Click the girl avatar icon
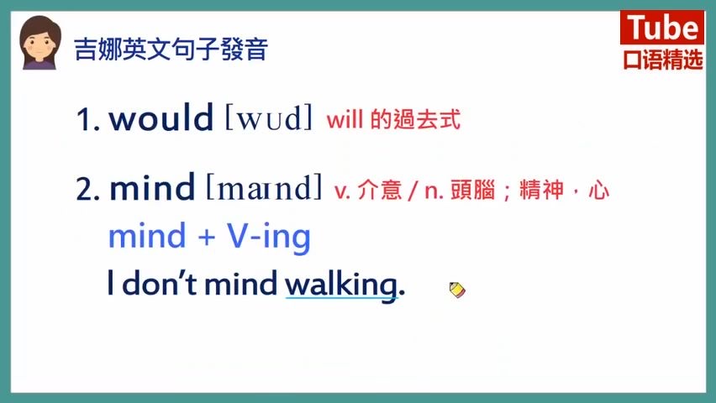pos(40,43)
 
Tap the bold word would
pos(161,118)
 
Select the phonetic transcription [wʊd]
pos(270,118)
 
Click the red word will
pos(345,119)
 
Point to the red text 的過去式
pos(415,119)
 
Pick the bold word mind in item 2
pos(152,187)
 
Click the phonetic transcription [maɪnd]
pos(265,187)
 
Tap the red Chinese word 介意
pos(380,190)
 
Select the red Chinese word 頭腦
pos(473,190)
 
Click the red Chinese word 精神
pos(542,190)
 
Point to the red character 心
pos(599,191)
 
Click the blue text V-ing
pos(269,237)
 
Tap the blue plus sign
pos(207,237)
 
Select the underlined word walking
pos(341,285)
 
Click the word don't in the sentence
pos(160,283)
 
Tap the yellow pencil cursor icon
pos(457,290)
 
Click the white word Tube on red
pos(662,28)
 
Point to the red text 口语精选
pos(662,60)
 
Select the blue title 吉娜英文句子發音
pos(171,50)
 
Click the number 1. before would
pos(88,119)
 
